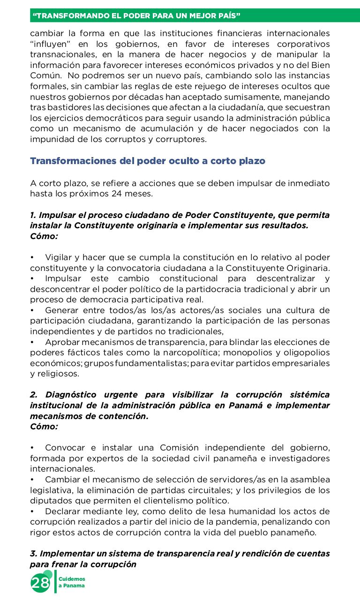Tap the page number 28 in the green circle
[x=40, y=583]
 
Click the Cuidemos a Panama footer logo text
[x=72, y=582]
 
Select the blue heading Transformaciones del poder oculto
[x=148, y=161]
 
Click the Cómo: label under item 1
[x=44, y=236]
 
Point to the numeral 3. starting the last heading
[x=33, y=554]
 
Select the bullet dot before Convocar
[x=32, y=448]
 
